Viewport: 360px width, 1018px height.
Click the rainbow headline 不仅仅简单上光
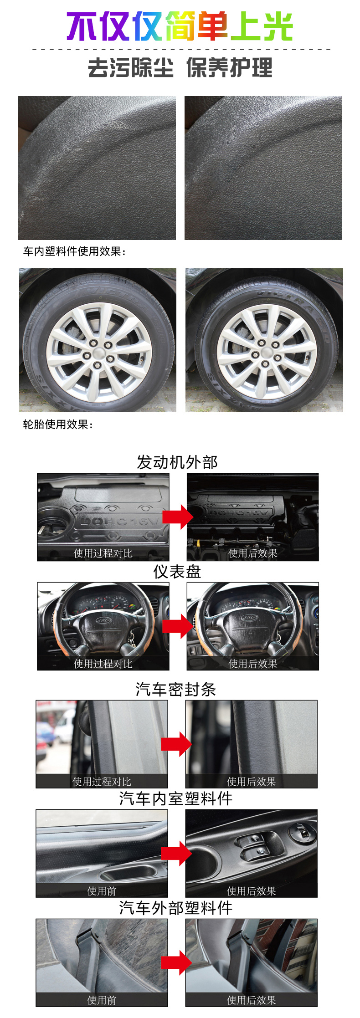click(180, 26)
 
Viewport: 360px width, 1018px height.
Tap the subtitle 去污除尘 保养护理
click(180, 68)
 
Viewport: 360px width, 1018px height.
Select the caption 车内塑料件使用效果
click(74, 251)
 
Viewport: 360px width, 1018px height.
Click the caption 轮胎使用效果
click(58, 425)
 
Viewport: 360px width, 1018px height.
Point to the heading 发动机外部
click(177, 462)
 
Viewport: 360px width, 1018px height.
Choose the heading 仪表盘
click(177, 572)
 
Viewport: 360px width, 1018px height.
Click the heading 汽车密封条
click(176, 690)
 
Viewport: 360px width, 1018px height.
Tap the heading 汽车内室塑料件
click(176, 798)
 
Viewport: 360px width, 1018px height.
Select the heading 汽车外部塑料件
click(176, 908)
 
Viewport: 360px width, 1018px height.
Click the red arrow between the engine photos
click(178, 517)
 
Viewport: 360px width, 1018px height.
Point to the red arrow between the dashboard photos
click(178, 626)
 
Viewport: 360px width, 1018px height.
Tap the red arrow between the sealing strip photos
click(176, 744)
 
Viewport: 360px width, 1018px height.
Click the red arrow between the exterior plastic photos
click(176, 962)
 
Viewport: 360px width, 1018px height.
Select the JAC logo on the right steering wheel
click(249, 618)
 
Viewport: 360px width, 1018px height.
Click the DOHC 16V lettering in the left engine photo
click(119, 521)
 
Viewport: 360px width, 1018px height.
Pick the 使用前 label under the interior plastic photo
click(102, 891)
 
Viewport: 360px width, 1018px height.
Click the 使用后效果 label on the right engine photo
click(253, 553)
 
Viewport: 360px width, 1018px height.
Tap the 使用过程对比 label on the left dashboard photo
click(103, 664)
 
